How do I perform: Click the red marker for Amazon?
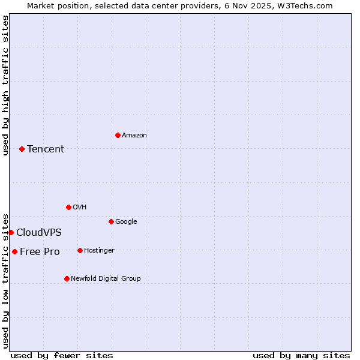tap(118, 135)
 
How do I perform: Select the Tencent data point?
tap(22, 149)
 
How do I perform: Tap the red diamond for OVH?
tap(68, 207)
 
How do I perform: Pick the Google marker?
tap(111, 221)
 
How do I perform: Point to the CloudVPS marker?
tap(11, 232)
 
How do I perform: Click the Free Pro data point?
tap(14, 251)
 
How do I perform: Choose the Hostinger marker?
tap(80, 250)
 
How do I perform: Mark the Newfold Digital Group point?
tap(67, 278)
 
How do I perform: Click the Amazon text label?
tap(134, 136)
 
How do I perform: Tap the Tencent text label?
tap(46, 149)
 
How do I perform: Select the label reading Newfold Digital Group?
tap(106, 278)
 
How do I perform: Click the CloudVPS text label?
tap(39, 233)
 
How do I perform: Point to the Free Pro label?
tap(40, 252)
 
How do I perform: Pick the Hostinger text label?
tap(99, 250)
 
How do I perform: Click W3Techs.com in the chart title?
tap(308, 5)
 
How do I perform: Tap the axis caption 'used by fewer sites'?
tap(62, 355)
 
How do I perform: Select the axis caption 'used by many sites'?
tap(301, 355)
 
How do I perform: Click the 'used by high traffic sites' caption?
tap(5, 85)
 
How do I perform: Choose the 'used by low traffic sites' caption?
tap(5, 280)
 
